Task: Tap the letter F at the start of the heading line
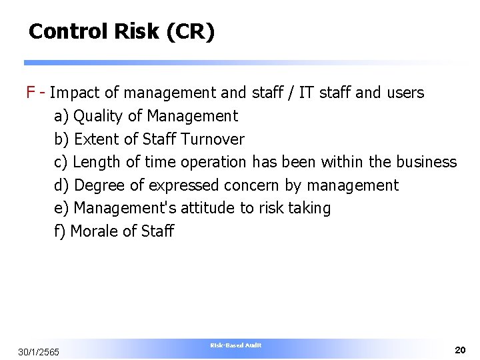30,92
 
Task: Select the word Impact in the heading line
72,92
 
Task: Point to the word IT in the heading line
306,92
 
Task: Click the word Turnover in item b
213,139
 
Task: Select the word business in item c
427,162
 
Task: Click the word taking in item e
309,208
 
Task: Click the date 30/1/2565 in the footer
39,351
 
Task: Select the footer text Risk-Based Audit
236,345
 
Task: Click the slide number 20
460,349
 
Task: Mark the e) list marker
61,208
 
